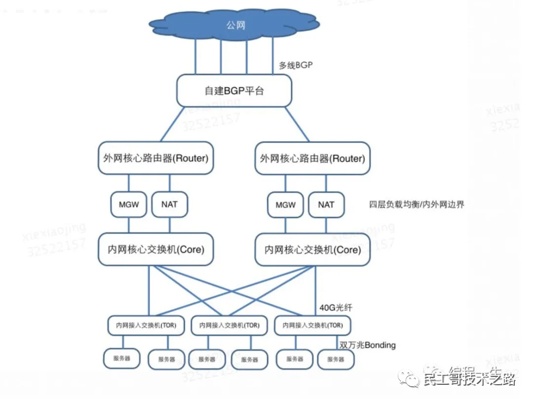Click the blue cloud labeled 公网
click(x=234, y=25)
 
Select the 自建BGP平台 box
click(x=234, y=91)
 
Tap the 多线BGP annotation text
click(x=296, y=65)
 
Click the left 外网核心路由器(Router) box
click(x=156, y=158)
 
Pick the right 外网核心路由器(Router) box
click(x=312, y=158)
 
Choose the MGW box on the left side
click(x=129, y=204)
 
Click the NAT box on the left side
click(x=169, y=204)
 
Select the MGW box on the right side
click(x=286, y=204)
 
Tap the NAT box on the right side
click(x=326, y=204)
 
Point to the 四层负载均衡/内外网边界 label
click(x=417, y=204)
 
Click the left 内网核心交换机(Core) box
click(x=156, y=250)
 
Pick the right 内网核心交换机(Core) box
click(x=312, y=250)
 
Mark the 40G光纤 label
click(x=336, y=308)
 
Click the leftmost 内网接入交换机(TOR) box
click(x=146, y=326)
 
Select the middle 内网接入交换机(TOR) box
click(x=229, y=326)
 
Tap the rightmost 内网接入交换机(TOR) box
click(x=312, y=326)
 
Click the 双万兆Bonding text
click(x=367, y=345)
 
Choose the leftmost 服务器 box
click(x=121, y=359)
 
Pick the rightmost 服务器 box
click(x=336, y=359)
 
